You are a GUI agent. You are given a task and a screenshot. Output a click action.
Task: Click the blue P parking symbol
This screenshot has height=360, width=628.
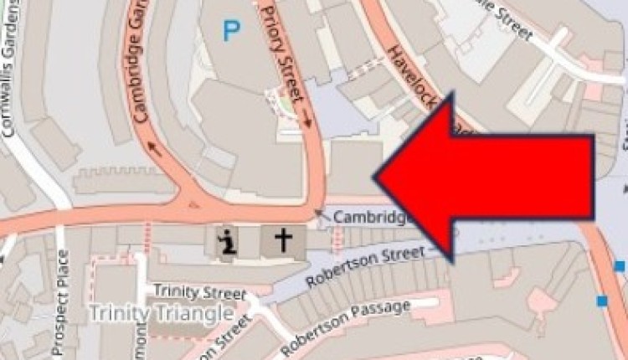[x=230, y=32]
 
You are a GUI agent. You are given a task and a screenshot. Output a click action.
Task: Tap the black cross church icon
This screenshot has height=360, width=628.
[x=284, y=241]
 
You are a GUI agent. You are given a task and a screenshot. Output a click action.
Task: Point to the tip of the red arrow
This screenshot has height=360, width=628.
[x=377, y=177]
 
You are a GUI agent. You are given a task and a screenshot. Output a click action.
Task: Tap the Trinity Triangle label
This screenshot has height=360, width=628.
[x=161, y=313]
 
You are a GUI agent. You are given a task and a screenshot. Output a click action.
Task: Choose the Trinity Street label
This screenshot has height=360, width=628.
[x=198, y=293]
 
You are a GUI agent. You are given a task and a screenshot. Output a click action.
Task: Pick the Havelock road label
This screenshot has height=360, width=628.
[x=419, y=84]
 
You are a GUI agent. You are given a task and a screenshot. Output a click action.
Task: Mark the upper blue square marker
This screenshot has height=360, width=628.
[x=620, y=266]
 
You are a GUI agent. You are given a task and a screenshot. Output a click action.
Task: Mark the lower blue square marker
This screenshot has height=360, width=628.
[x=602, y=301]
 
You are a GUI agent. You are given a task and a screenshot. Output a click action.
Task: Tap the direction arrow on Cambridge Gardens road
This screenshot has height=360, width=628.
[x=154, y=147]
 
